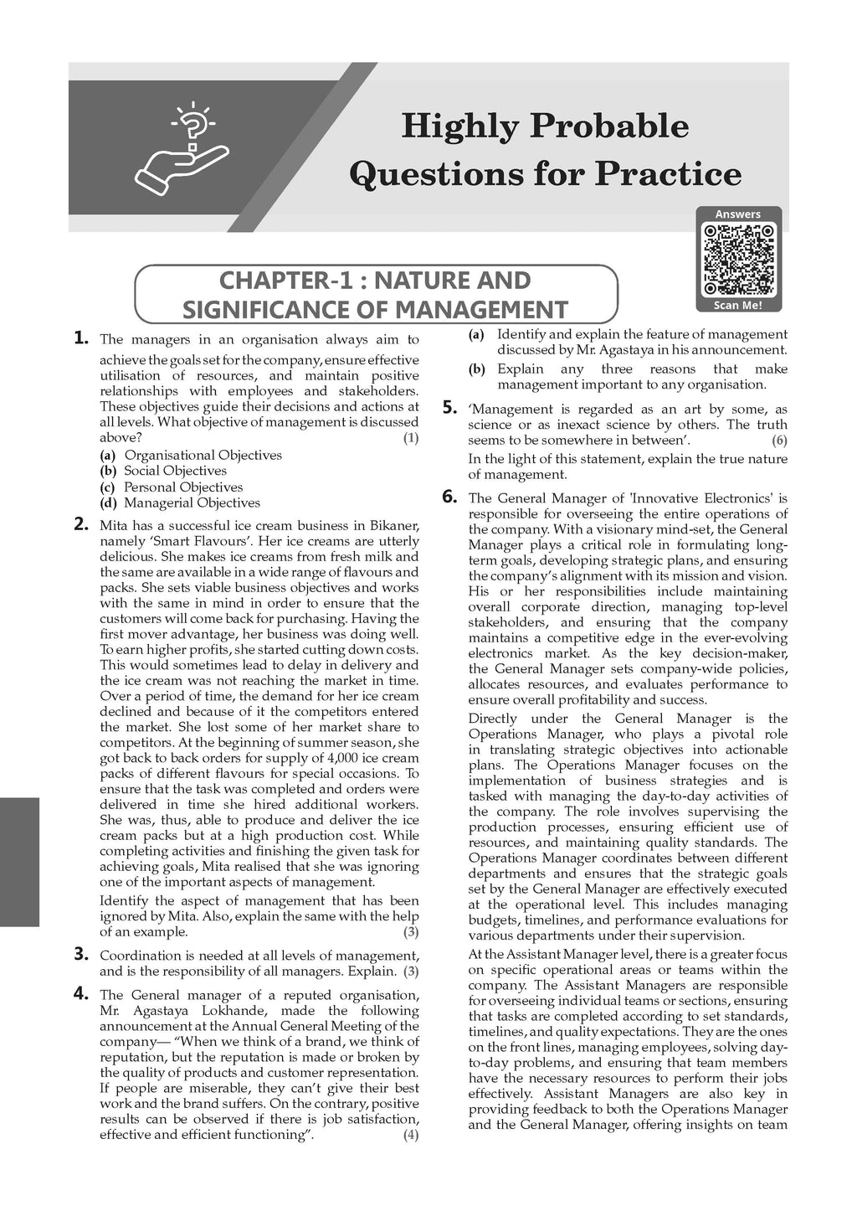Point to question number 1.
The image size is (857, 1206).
pos(81,338)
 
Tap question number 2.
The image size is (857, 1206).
pos(81,525)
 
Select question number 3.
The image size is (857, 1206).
pos(81,953)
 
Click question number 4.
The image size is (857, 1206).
pos(81,993)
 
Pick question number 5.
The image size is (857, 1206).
pos(449,408)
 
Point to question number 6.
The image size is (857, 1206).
pos(449,497)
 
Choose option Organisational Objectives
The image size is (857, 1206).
pos(203,455)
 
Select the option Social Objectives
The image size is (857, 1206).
pos(175,471)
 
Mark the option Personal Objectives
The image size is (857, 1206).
pos(183,487)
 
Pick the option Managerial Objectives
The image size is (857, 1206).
pos(192,502)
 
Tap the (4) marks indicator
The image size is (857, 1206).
pos(410,1136)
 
